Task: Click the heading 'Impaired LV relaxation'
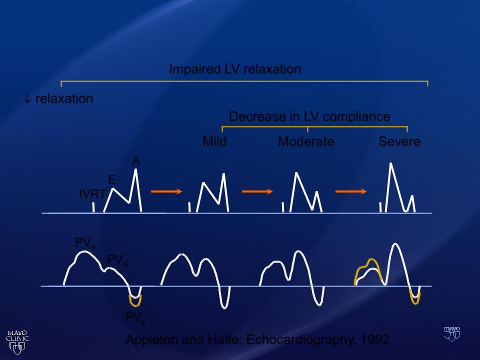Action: coord(235,69)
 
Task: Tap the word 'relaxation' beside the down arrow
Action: coord(64,99)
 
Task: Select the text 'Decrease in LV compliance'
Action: coord(309,116)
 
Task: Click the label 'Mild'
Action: coord(214,141)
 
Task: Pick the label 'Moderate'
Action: coord(306,141)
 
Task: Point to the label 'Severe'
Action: coord(399,141)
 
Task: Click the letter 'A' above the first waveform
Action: coord(136,161)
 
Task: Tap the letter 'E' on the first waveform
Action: coord(112,179)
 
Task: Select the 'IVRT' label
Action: coord(92,194)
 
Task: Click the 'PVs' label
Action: coord(85,243)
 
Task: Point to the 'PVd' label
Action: coord(117,259)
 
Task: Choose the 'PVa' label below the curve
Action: coord(135,318)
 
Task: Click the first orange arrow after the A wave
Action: coord(166,191)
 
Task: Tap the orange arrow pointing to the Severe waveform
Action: coord(351,191)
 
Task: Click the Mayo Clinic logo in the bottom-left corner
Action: coord(17,342)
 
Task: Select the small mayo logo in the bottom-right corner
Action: coord(452,333)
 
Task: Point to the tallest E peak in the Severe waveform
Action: coord(391,164)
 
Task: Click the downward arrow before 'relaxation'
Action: coord(27,98)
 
